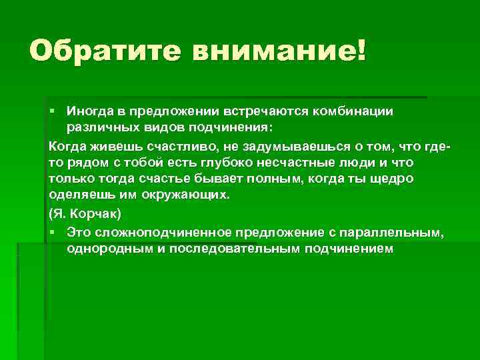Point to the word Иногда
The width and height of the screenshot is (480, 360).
pos(90,111)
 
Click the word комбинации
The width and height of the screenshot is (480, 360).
pos(357,111)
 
